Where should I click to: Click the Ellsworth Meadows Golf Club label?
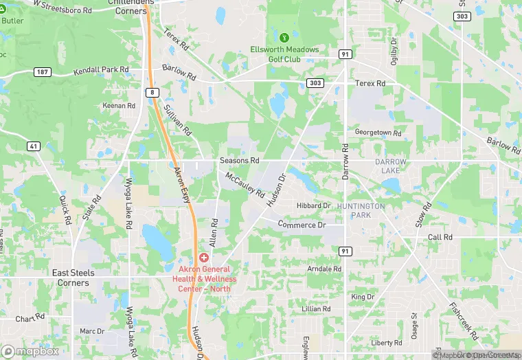293,54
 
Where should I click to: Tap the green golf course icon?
284,36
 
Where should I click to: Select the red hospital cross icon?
204,256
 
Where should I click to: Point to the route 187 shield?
42,71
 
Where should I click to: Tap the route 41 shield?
33,146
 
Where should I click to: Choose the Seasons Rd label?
239,161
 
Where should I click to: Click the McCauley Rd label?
245,185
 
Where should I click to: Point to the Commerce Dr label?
302,225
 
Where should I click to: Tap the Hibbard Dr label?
313,205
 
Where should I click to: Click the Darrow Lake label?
391,166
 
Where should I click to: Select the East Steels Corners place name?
73,278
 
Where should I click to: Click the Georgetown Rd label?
377,132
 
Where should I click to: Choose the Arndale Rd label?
324,269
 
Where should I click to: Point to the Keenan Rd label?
119,106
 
